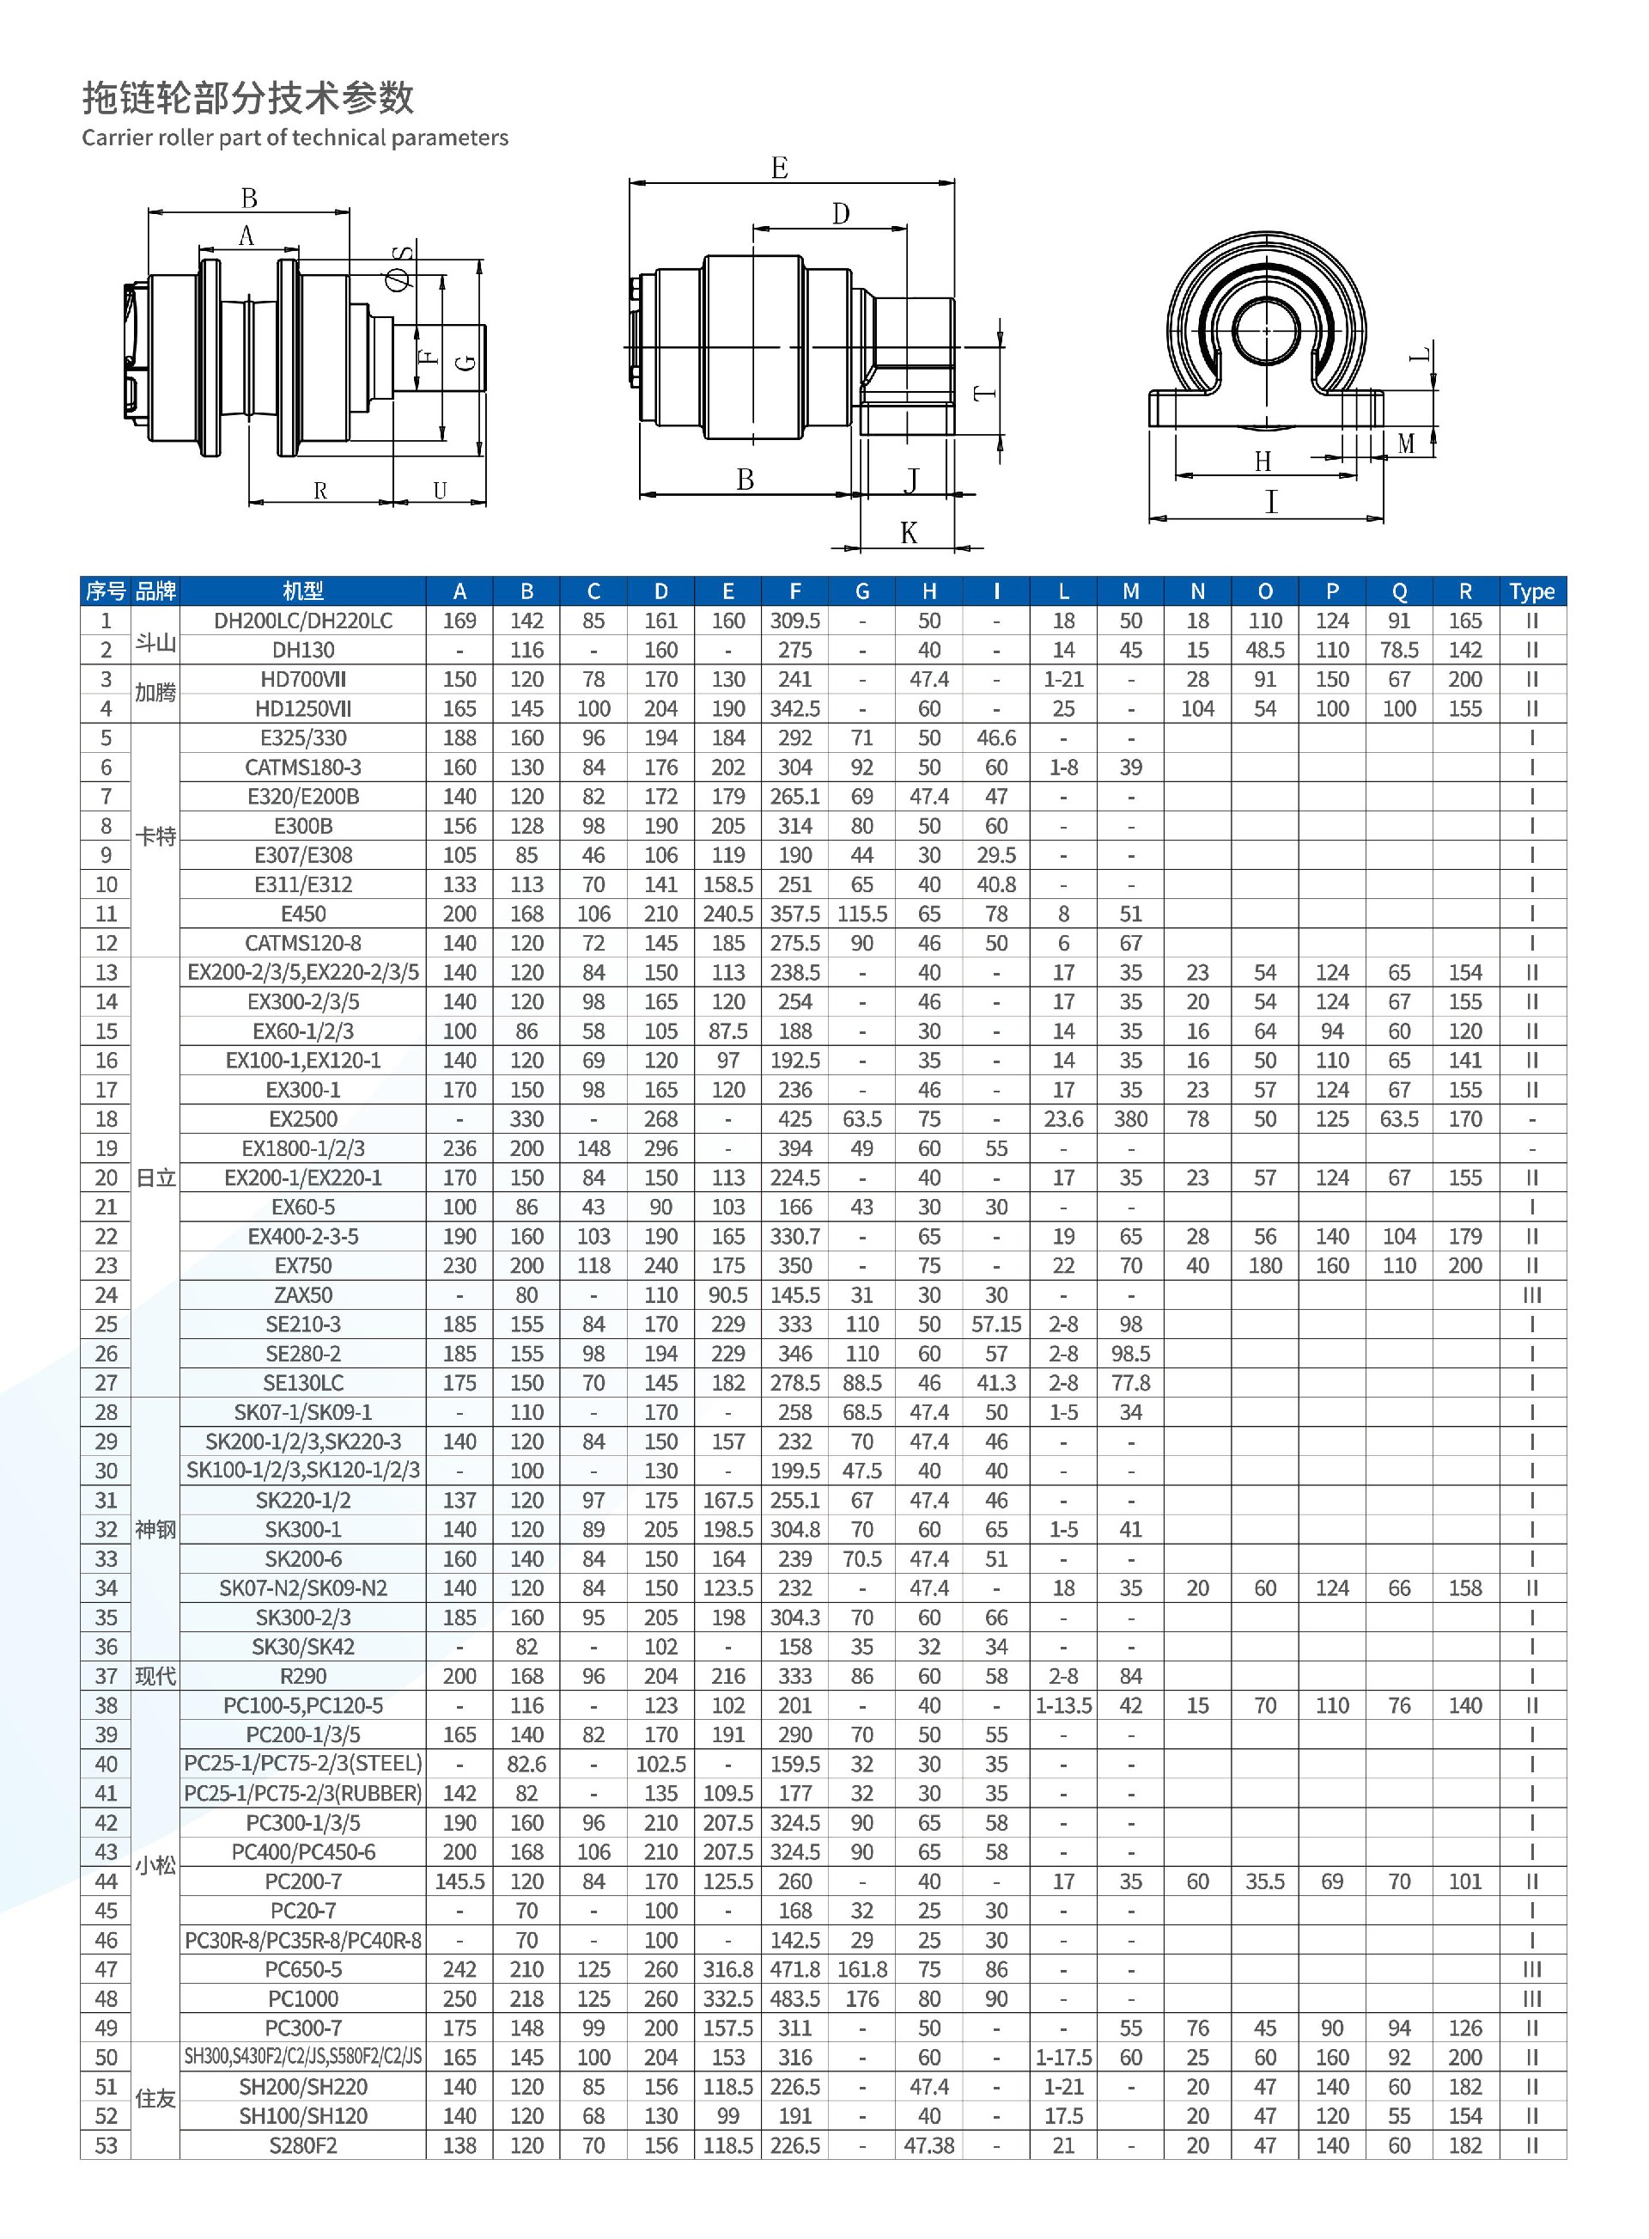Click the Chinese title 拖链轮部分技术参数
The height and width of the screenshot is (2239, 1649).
point(247,98)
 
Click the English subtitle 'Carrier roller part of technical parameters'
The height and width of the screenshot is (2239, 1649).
point(295,138)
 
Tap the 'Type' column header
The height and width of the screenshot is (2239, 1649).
point(1531,591)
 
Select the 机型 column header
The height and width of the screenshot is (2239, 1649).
point(302,591)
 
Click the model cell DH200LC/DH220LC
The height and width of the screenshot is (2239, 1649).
point(302,621)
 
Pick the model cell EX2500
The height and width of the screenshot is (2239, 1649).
point(302,1118)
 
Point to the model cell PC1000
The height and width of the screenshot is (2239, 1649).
point(302,1998)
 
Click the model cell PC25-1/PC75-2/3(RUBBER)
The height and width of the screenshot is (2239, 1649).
point(302,1794)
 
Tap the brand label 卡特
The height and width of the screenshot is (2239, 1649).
point(155,837)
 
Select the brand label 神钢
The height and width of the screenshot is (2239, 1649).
point(155,1529)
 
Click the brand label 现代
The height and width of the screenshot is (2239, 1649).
point(155,1676)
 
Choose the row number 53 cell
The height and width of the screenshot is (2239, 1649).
point(106,2145)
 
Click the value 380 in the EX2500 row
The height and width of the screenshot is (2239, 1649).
point(1130,1118)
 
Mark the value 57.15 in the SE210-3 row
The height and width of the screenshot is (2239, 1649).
point(996,1324)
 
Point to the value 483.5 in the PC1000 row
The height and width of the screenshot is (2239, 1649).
point(794,1998)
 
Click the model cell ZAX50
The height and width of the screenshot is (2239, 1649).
point(302,1295)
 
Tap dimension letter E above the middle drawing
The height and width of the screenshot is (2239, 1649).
point(780,168)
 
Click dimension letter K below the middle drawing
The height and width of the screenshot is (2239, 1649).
point(909,532)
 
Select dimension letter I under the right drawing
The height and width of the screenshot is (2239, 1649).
point(1271,501)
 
